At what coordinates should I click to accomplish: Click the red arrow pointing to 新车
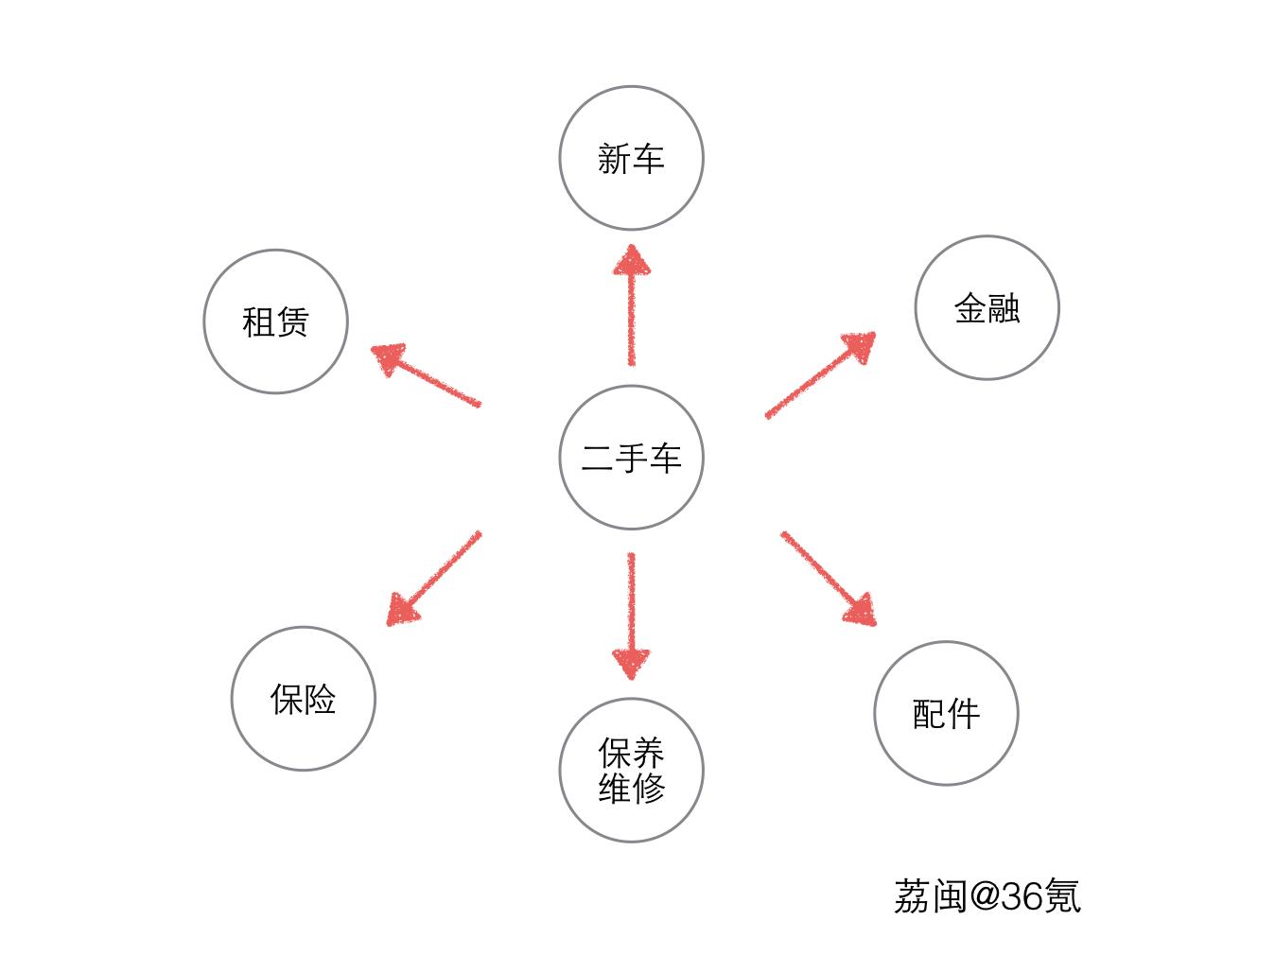(x=632, y=304)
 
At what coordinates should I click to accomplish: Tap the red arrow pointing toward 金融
(x=821, y=375)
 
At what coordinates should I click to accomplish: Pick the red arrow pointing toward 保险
(x=434, y=579)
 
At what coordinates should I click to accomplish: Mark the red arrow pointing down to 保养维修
(x=632, y=616)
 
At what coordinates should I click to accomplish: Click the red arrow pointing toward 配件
(x=829, y=579)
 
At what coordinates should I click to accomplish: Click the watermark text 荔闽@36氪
(x=987, y=895)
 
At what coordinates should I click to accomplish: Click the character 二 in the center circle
(x=597, y=458)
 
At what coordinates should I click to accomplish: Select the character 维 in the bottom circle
(x=615, y=788)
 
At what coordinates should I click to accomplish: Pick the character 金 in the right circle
(x=970, y=308)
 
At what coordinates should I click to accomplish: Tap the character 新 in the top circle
(x=614, y=159)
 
